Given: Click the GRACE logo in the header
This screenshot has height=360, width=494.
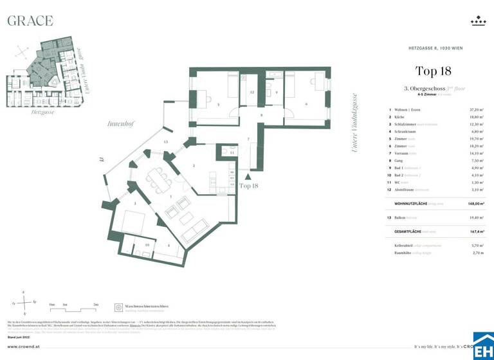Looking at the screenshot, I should tap(30, 21).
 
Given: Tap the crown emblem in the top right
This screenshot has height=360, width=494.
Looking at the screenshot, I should tap(478, 21).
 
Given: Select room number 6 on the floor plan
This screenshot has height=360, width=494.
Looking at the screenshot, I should tap(306, 104).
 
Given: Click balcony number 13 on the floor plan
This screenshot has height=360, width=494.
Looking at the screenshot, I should tap(165, 141).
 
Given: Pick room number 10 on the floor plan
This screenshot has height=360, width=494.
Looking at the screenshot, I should tap(147, 245).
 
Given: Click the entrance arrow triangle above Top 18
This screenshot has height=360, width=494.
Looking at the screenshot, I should tap(248, 174).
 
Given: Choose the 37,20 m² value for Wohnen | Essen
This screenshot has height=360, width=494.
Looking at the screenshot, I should tap(477, 110).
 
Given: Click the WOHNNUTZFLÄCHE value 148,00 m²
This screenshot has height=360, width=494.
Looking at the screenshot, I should tap(476, 203).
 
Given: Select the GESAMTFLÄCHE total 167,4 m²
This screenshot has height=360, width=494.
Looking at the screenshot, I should tap(477, 231).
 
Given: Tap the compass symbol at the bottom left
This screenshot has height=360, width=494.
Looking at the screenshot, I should tap(24, 300).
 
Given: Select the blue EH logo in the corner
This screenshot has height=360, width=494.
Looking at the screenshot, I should tap(483, 345).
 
